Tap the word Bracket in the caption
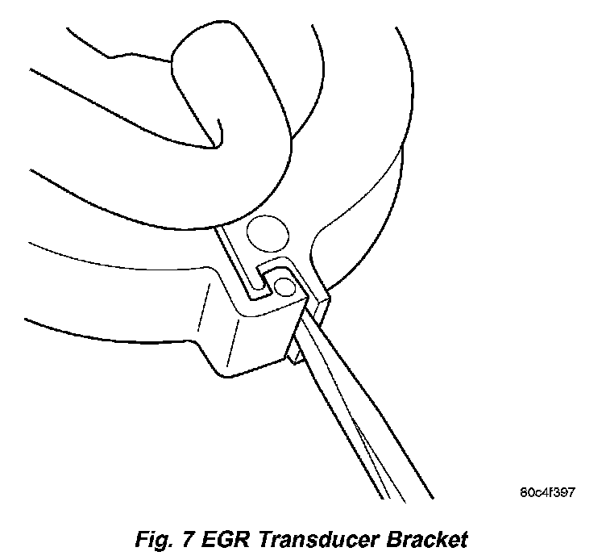tap(427, 537)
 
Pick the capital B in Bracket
tap(394, 537)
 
